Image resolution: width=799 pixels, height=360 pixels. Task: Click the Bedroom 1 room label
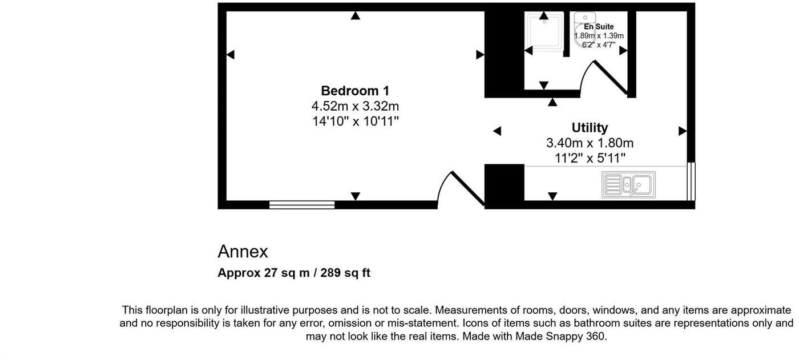click(355, 91)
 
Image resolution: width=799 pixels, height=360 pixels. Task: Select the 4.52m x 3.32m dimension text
click(355, 106)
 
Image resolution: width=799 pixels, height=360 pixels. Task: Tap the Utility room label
click(590, 128)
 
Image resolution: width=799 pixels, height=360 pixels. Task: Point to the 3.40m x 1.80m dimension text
click(590, 143)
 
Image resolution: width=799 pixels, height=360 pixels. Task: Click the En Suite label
click(599, 27)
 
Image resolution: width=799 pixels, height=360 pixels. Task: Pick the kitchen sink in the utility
click(628, 185)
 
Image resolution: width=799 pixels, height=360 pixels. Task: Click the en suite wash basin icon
click(585, 18)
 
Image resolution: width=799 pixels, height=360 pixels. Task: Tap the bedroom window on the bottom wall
click(302, 205)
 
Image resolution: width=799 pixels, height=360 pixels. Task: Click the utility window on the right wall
click(691, 181)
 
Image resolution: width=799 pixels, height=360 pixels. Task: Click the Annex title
click(243, 252)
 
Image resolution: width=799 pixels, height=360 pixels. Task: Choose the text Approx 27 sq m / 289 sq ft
click(294, 273)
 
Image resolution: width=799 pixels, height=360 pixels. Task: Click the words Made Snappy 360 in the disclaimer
click(560, 337)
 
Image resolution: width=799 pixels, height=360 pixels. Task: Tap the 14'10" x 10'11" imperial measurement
click(355, 121)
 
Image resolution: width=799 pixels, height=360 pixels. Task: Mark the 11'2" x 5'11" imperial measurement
click(590, 157)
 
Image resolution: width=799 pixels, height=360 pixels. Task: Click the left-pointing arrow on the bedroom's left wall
click(231, 55)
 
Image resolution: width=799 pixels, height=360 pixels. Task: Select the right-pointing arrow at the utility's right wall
click(682, 131)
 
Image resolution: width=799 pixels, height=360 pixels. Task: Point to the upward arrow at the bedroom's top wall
click(356, 16)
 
